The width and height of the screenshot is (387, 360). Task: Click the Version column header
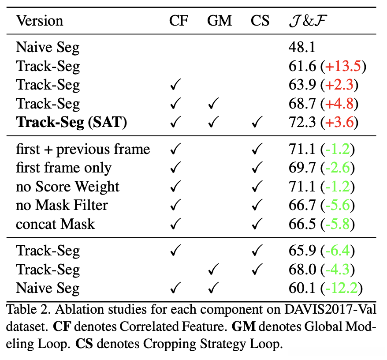(40, 21)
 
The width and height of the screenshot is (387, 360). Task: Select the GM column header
(219, 21)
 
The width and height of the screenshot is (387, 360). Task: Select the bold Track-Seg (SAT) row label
(71, 122)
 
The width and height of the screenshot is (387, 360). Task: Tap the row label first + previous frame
(83, 149)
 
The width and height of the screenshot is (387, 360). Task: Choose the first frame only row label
(64, 168)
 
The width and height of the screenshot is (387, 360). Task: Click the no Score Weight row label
(67, 186)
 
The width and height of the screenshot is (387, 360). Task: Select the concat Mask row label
(56, 224)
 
